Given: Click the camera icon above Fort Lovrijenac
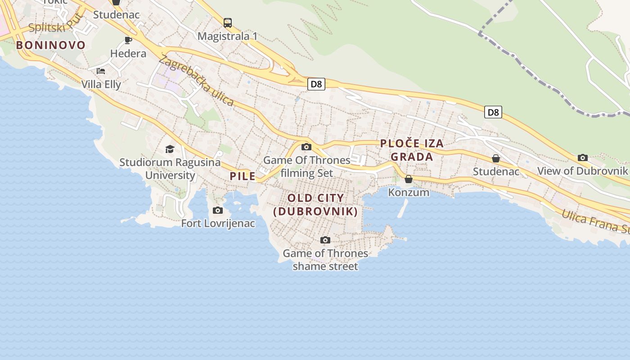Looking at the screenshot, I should (x=218, y=210).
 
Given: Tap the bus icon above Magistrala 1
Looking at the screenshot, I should (x=228, y=22).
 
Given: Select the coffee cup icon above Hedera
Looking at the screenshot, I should (x=128, y=40).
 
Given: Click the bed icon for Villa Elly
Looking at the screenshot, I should (x=101, y=71).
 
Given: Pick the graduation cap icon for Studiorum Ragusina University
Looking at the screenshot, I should (x=170, y=149).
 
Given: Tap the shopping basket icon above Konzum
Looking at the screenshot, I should (x=409, y=179).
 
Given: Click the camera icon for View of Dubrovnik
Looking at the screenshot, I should (x=583, y=157).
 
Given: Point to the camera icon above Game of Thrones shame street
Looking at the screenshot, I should (x=325, y=240).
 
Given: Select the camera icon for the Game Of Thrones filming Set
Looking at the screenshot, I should (x=306, y=147).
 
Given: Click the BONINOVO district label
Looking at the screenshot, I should (x=51, y=45).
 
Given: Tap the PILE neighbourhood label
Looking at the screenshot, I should (x=243, y=176).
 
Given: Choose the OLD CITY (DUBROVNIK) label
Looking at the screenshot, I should (x=315, y=205).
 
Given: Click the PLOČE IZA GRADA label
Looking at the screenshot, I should (x=412, y=150).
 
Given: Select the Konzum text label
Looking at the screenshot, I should (x=409, y=193).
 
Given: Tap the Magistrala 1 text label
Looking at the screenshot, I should (x=228, y=36).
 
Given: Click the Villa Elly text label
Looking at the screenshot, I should (x=101, y=84).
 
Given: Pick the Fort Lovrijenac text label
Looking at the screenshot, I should (x=218, y=223).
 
